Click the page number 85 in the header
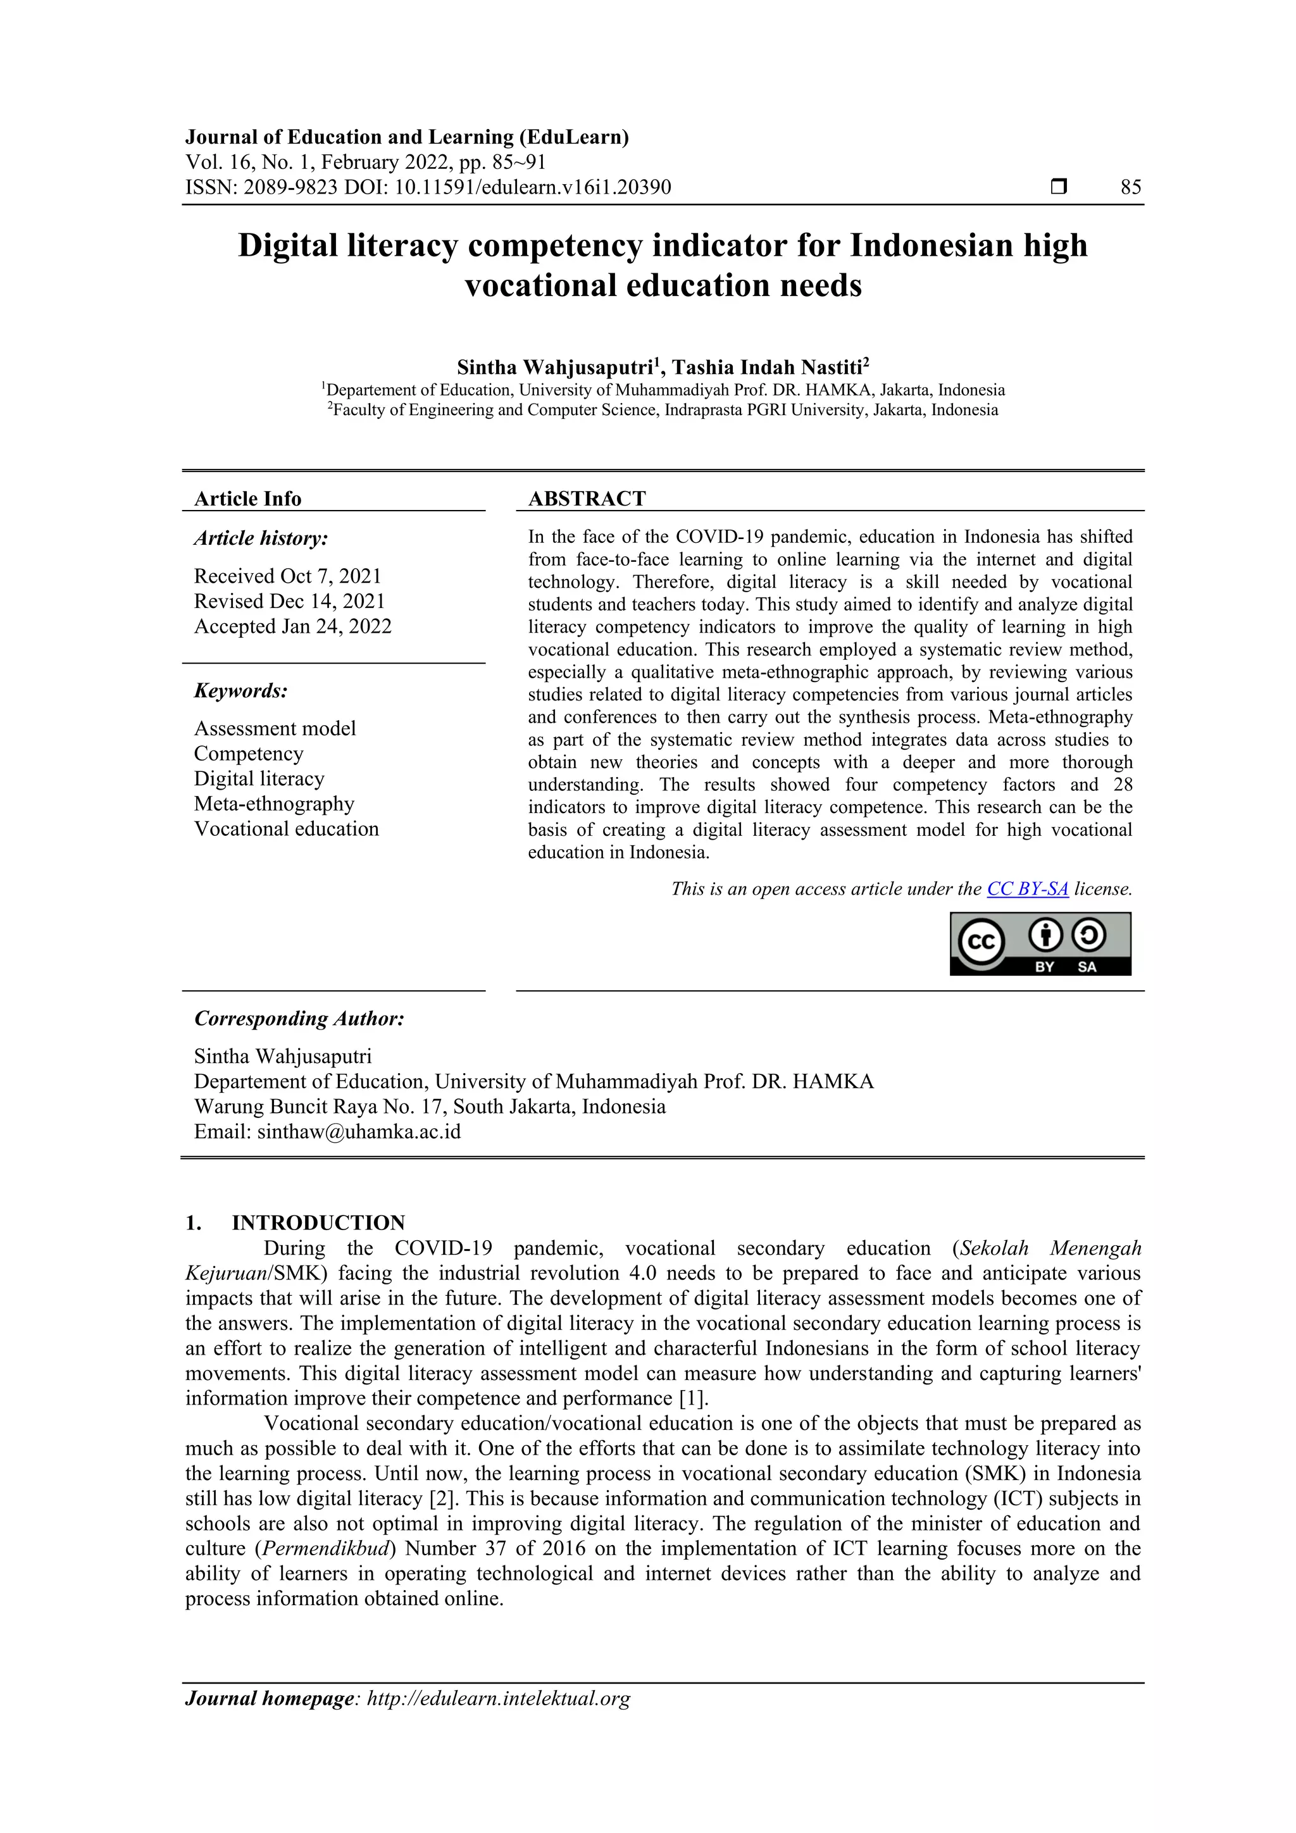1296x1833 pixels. (1130, 188)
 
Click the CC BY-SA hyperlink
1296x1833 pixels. (1027, 888)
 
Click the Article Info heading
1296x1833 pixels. (247, 499)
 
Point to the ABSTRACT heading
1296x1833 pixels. (587, 499)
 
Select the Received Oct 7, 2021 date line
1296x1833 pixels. (287, 576)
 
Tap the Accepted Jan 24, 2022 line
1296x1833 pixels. (292, 626)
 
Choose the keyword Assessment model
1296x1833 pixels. (275, 728)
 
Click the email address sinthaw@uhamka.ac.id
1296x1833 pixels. (359, 1131)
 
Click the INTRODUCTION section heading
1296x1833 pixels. (318, 1222)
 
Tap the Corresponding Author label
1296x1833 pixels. (299, 1018)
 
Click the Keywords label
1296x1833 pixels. (240, 690)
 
